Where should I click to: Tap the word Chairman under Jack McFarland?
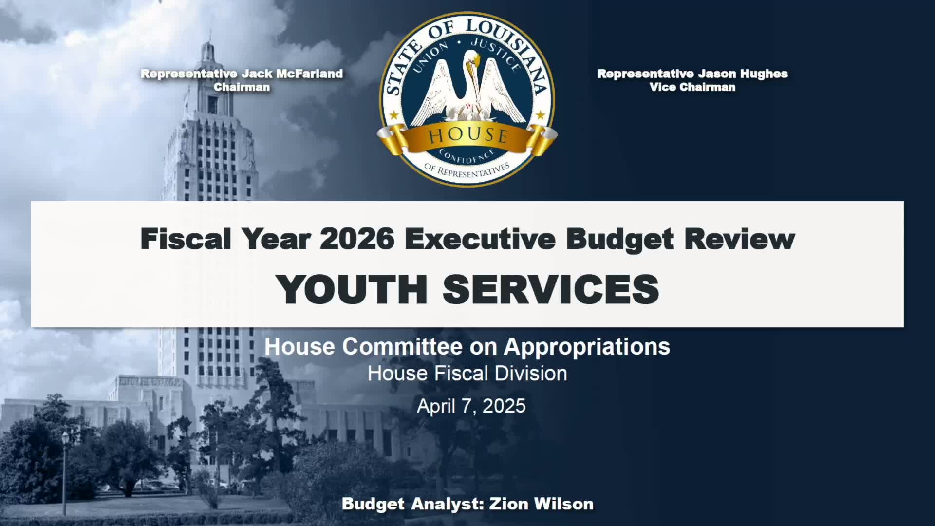click(x=242, y=87)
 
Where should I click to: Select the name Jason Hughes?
click(x=743, y=74)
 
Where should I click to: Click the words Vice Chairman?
click(x=692, y=87)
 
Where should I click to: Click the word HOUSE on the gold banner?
click(x=467, y=135)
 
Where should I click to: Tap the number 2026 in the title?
click(x=357, y=239)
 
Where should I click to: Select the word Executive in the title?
click(x=480, y=239)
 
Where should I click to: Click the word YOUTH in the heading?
click(x=351, y=289)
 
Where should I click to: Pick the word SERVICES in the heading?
click(x=551, y=289)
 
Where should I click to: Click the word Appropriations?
click(x=587, y=347)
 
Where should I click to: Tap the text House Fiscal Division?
click(x=467, y=374)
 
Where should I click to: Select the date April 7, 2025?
click(x=471, y=406)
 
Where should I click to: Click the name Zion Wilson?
click(x=541, y=504)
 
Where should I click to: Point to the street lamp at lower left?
click(x=65, y=438)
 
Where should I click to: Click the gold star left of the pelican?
click(x=394, y=116)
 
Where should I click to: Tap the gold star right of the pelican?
click(x=540, y=115)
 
